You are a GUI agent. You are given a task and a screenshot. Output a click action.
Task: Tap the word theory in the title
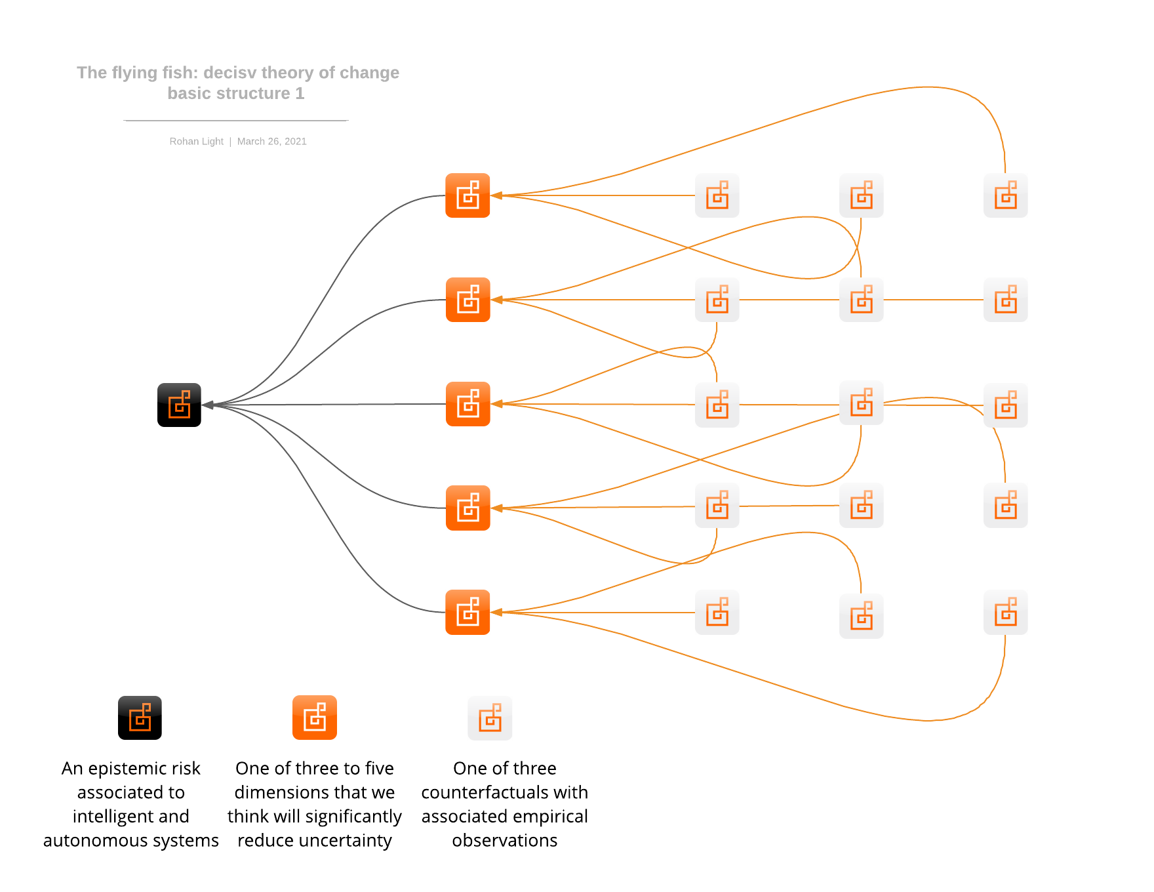287,73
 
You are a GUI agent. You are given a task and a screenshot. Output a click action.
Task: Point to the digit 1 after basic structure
300,94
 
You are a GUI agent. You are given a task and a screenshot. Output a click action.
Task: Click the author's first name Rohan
183,142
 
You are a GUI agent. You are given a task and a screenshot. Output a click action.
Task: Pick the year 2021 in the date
296,142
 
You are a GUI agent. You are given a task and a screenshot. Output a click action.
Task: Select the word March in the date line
250,142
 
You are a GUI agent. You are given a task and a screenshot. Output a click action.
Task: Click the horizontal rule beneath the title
236,121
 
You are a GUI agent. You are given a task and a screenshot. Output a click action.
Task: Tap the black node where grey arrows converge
179,405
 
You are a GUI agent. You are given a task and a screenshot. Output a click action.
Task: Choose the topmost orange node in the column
468,195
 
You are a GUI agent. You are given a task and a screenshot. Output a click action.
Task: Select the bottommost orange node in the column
468,612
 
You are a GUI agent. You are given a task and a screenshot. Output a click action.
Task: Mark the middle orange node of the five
468,404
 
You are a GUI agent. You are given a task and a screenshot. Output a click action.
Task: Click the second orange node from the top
468,300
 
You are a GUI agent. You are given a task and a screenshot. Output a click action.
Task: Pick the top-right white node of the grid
1005,195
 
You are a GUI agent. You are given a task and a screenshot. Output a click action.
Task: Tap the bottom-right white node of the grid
1005,612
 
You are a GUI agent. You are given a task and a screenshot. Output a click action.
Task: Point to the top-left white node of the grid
717,195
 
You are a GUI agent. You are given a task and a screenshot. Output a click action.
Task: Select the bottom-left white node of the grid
717,612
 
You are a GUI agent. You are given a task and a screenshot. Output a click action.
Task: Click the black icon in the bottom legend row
140,718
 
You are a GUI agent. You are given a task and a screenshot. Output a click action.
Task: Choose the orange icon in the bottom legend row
315,718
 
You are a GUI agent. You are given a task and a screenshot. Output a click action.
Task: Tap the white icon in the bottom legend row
490,718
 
